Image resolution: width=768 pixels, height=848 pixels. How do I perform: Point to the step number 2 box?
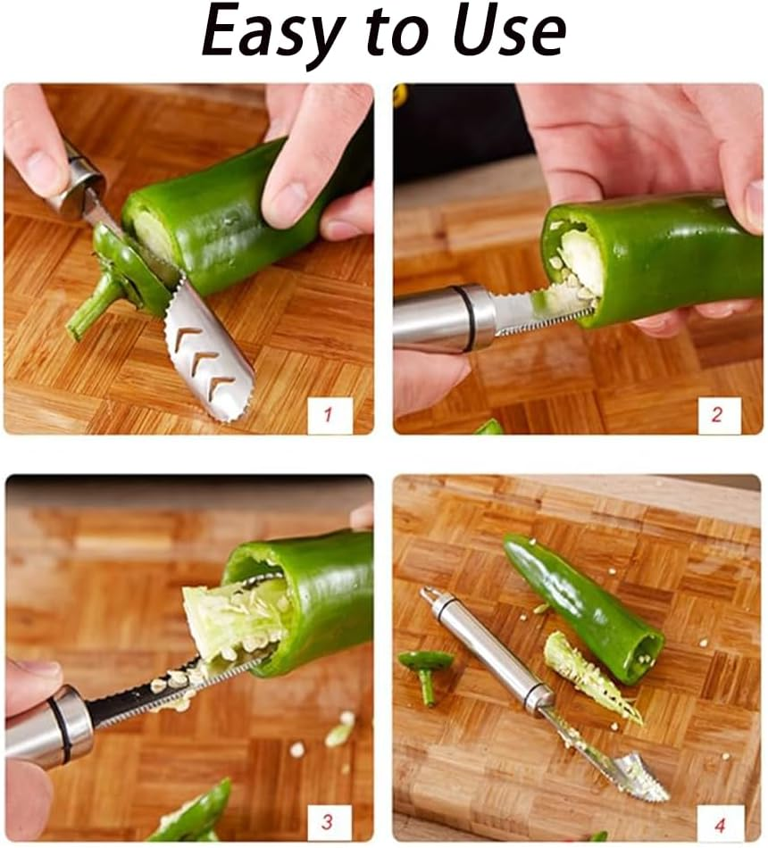pyautogui.click(x=719, y=415)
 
